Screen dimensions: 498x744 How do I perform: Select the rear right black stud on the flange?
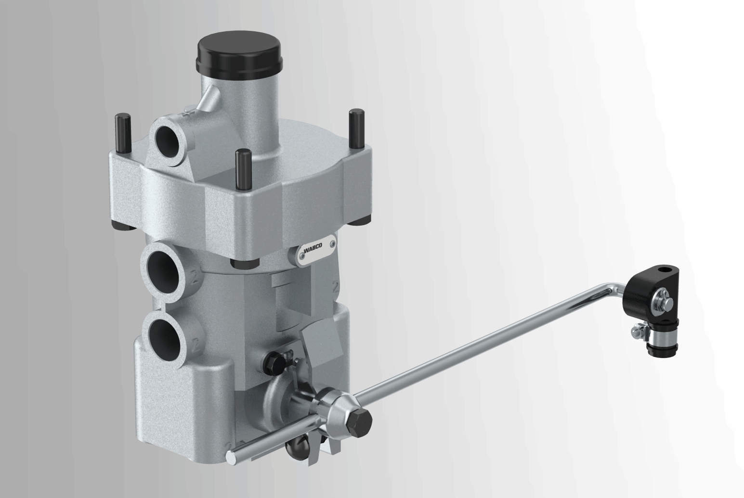point(357,129)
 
